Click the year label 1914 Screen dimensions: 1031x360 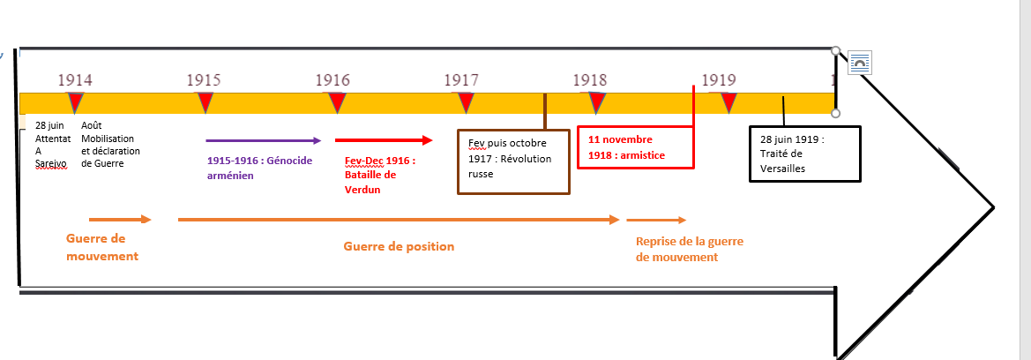[75, 80]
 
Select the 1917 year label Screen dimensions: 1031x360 [461, 80]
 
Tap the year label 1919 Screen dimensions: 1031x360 [719, 80]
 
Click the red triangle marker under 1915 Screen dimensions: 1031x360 [205, 101]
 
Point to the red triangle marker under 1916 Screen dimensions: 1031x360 [336, 101]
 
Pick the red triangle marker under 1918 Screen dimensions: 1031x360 [597, 101]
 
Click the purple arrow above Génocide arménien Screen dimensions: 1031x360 [262, 140]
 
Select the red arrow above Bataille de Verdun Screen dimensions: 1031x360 [384, 140]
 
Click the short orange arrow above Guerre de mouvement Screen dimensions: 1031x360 [120, 219]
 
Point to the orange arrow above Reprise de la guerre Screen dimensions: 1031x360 [656, 220]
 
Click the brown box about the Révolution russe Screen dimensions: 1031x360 [513, 161]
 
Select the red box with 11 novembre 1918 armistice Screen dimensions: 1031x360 [635, 147]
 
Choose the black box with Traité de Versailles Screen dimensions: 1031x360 [804, 154]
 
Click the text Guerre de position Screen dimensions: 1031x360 [399, 246]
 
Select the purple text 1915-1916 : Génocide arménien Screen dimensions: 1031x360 [259, 168]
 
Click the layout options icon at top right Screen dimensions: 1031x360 [860, 64]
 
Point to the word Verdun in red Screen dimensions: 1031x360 [362, 189]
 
